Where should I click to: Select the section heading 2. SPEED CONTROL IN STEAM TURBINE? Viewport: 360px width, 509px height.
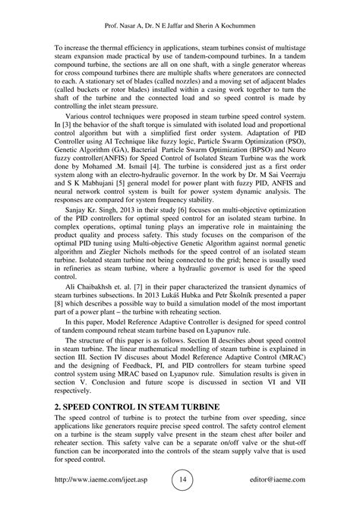tap(134, 408)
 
